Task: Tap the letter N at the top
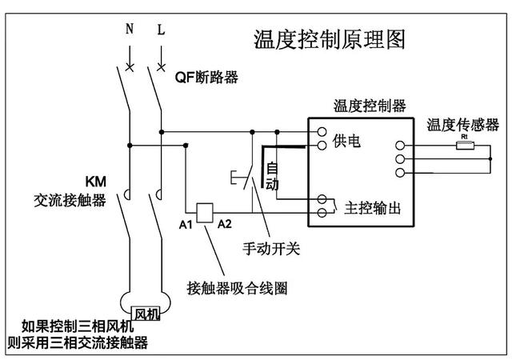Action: click(130, 31)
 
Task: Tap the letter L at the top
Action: click(161, 31)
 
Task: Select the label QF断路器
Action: click(206, 78)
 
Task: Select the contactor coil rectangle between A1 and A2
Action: click(204, 210)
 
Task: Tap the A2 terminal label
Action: click(225, 224)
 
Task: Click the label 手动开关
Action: click(270, 249)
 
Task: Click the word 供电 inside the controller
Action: click(346, 140)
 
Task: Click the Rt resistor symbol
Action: click(463, 146)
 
